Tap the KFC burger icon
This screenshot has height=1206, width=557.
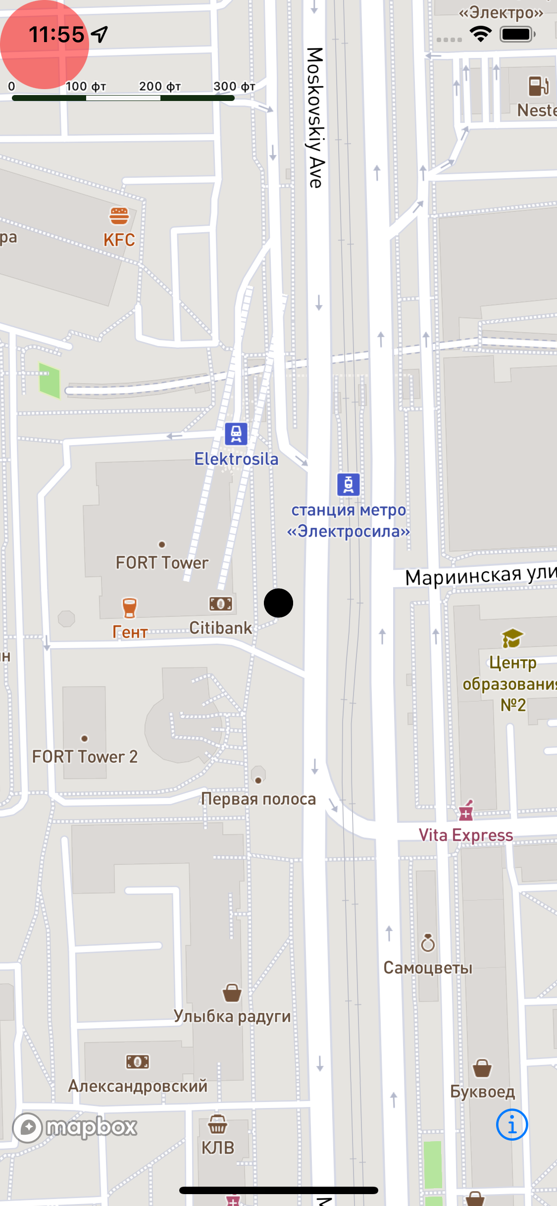(119, 216)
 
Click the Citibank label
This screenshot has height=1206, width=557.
(220, 628)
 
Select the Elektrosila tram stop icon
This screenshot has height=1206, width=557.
(236, 434)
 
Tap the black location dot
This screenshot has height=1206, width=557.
(278, 603)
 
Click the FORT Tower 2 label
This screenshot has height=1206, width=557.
(85, 756)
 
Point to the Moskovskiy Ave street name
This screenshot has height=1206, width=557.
(315, 118)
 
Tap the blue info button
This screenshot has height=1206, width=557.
(511, 1124)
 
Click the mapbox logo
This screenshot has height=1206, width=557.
(75, 1127)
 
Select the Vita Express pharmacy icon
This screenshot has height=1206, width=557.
(465, 810)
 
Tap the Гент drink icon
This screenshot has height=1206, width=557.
(129, 607)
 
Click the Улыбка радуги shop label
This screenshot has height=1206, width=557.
(232, 1016)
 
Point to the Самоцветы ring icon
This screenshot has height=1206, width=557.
(428, 943)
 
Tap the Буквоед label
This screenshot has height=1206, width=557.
(482, 1091)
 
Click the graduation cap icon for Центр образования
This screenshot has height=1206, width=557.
(512, 638)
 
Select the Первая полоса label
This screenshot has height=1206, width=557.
(258, 799)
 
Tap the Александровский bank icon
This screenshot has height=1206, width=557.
(137, 1061)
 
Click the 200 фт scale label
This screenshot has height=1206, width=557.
(159, 86)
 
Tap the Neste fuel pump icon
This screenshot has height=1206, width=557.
(539, 86)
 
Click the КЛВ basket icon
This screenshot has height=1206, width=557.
(217, 1124)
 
